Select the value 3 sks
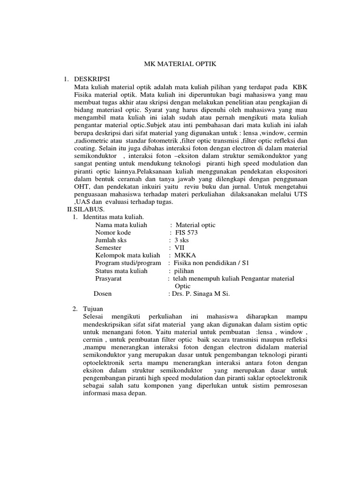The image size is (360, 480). [x=182, y=240]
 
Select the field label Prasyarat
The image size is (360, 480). [x=109, y=278]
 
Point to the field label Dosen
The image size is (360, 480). [x=104, y=293]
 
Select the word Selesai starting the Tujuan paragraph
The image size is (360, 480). [x=93, y=317]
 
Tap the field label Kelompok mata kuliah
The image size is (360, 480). [x=124, y=255]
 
